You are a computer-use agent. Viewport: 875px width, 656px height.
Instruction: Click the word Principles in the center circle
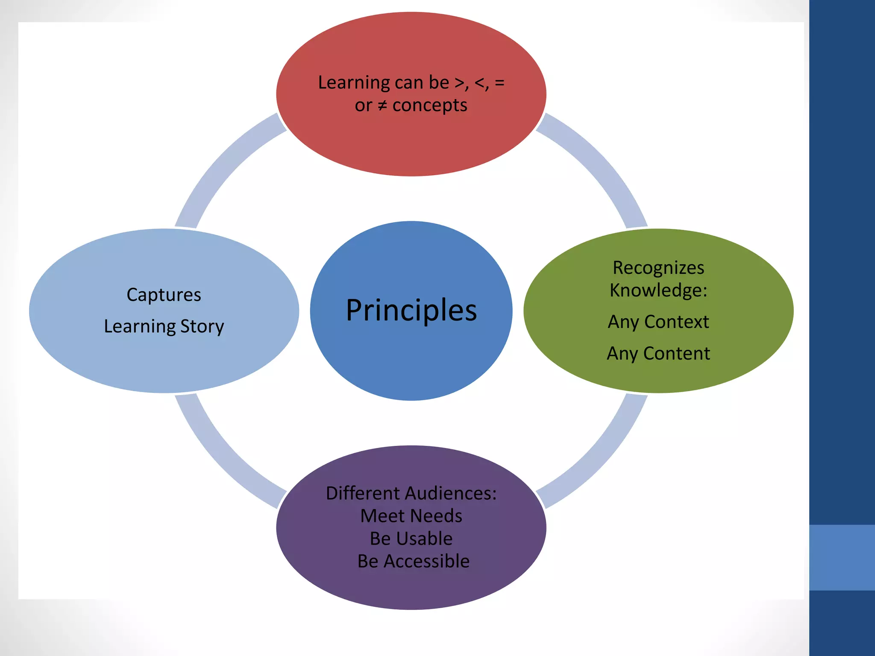point(411,310)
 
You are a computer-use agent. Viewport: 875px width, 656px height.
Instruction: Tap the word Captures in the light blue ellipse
point(164,295)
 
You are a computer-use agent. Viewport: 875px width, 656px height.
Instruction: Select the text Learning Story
point(164,327)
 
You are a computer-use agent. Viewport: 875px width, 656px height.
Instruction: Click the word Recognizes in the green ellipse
point(658,268)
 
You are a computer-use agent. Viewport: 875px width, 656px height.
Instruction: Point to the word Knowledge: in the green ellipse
point(658,290)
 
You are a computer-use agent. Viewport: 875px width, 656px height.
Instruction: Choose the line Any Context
point(658,322)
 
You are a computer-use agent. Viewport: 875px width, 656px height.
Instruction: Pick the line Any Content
point(658,354)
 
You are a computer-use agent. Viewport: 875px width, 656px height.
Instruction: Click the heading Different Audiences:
point(411,493)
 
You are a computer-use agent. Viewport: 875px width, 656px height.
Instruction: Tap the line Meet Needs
point(411,516)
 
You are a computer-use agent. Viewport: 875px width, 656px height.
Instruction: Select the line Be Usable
point(411,539)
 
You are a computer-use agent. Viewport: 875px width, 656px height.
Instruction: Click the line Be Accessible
point(413,561)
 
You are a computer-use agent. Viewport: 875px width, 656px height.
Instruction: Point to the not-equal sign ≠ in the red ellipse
point(382,105)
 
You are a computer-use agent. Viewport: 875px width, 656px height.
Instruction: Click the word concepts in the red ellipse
point(429,105)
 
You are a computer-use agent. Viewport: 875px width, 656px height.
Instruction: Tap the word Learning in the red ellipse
point(353,82)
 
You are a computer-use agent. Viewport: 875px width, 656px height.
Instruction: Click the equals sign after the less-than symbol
point(499,82)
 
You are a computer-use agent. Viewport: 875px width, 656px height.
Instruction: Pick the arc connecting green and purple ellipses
point(598,457)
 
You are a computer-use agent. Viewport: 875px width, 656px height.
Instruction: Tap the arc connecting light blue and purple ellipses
point(224,457)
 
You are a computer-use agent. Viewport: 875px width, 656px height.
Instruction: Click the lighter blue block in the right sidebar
point(842,557)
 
